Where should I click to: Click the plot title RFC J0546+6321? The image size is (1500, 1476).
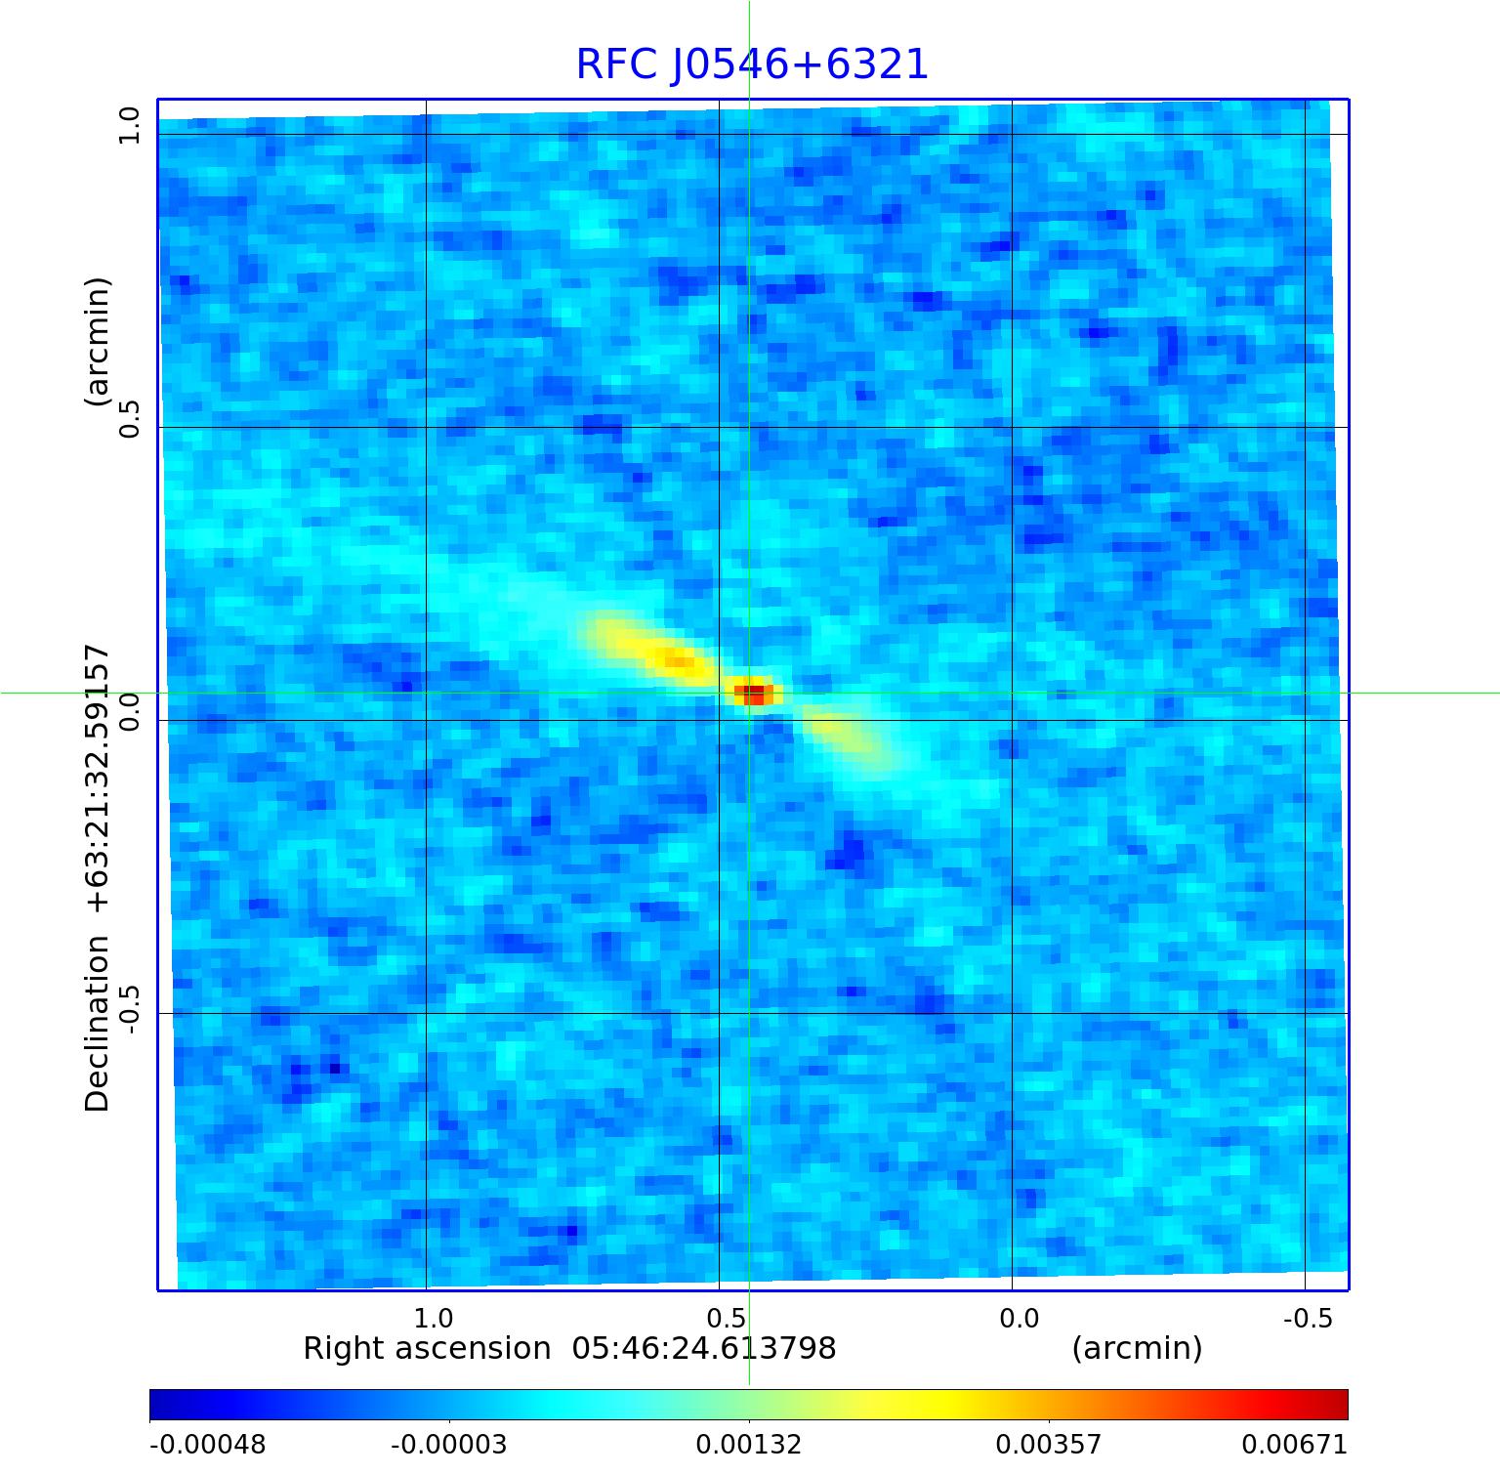pos(751,64)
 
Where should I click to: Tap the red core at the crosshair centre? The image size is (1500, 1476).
pos(753,694)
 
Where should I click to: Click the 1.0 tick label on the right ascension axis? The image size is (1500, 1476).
pos(433,1319)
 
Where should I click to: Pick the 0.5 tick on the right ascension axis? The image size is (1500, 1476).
pos(726,1319)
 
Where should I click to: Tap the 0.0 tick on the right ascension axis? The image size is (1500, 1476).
pos(1019,1319)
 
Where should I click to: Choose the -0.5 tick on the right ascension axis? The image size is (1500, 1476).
pos(1308,1319)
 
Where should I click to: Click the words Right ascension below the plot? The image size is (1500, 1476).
pos(427,1349)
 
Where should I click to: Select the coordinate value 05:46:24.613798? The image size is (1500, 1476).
pos(704,1349)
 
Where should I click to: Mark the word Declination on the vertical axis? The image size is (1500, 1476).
pos(98,1024)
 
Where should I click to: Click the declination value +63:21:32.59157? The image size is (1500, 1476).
pos(98,779)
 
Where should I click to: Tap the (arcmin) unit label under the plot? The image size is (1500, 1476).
pos(1137,1349)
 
